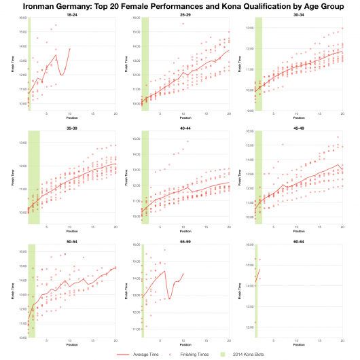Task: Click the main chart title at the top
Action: pos(180,6)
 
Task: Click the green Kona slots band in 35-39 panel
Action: pos(33,177)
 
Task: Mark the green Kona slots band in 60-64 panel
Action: pos(255,292)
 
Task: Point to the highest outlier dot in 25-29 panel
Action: pos(183,24)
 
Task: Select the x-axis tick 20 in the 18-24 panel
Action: pos(115,114)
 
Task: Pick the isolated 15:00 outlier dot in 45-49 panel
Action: pos(283,144)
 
